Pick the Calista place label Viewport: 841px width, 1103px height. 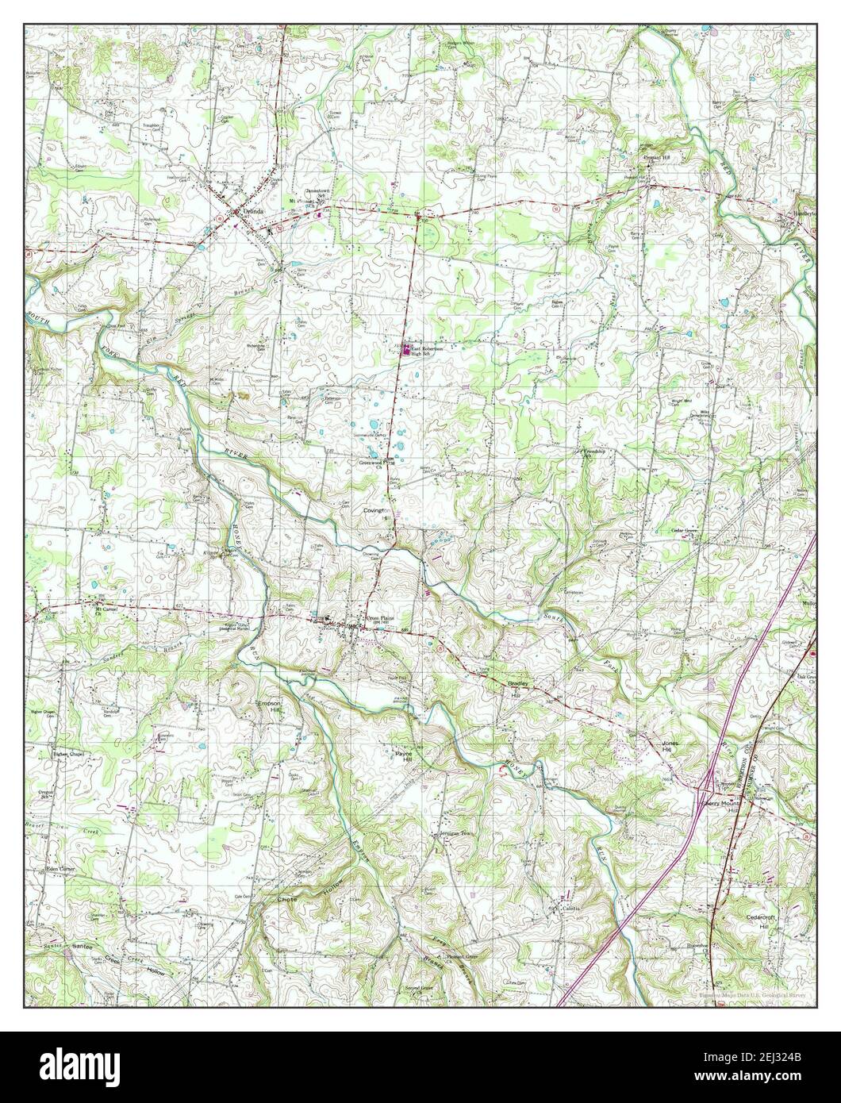[x=571, y=908]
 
